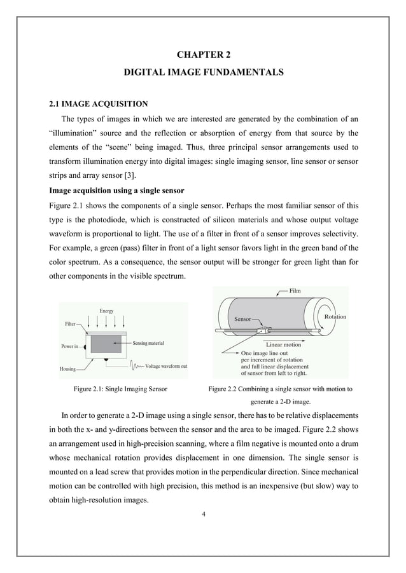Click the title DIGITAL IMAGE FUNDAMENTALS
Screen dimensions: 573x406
(203, 74)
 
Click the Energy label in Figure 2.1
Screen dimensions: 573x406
(106, 310)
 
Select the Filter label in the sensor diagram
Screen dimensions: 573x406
(72, 323)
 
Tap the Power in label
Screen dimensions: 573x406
(70, 347)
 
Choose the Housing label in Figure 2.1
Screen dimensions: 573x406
(69, 368)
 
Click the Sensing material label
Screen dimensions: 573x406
(148, 343)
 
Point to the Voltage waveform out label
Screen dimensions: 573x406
(166, 367)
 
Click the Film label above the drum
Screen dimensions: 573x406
(295, 292)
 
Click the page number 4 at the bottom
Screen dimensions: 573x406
(203, 513)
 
